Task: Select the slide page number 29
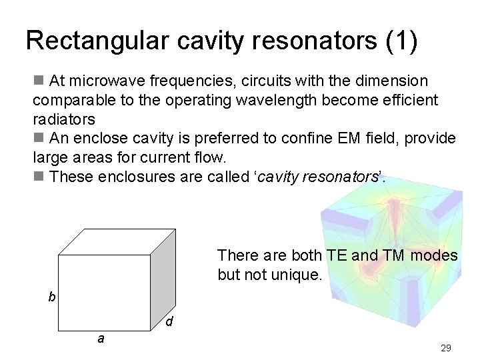446,348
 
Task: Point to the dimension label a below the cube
101,339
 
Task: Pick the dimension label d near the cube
170,322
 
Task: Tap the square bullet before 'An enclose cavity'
39,139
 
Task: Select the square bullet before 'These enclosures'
39,177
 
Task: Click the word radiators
64,119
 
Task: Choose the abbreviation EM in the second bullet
351,139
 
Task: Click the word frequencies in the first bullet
191,81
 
